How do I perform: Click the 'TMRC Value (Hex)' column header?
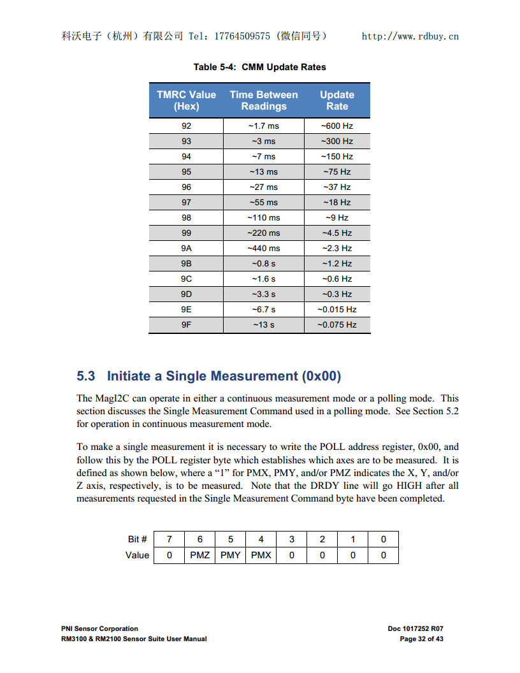pos(186,101)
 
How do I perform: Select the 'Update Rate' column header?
pos(337,101)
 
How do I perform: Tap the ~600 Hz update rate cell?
pos(337,126)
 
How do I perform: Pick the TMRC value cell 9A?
pos(186,248)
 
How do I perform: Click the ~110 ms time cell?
pos(263,217)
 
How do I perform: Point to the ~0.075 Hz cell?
pos(337,324)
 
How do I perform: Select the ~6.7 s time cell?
pos(263,309)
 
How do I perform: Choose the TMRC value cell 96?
pos(186,187)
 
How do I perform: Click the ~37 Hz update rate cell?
pos(337,187)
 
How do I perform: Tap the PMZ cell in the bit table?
pos(199,555)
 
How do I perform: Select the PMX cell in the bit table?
pos(261,555)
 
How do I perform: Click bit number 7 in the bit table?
pos(169,539)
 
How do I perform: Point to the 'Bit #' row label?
pos(138,539)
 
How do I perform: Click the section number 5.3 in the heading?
pos(86,376)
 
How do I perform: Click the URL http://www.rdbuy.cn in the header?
pos(410,36)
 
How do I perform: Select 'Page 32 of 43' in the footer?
pos(421,639)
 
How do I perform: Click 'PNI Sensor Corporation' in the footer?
pos(99,628)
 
